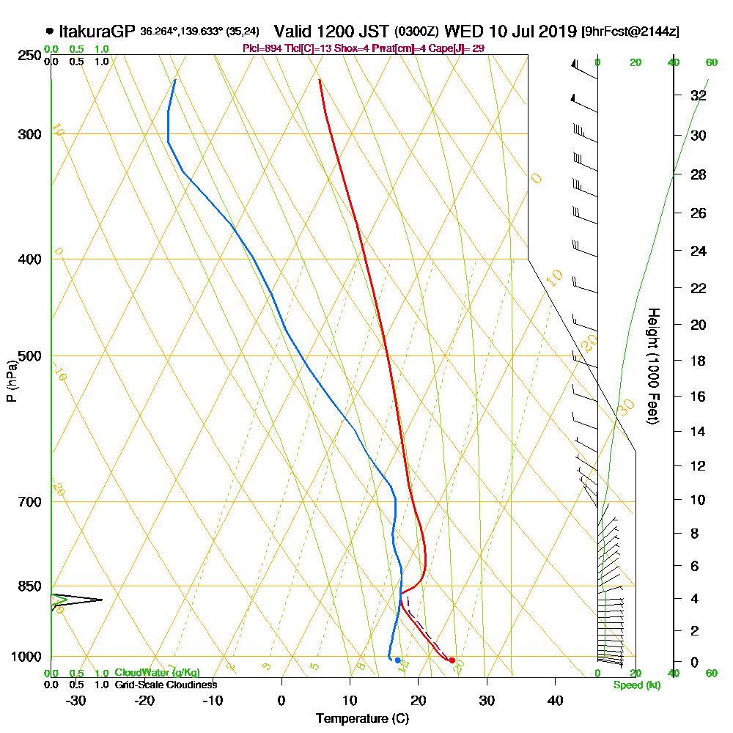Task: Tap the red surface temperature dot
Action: pyautogui.click(x=452, y=660)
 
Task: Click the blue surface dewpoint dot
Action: pyautogui.click(x=397, y=660)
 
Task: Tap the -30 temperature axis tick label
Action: pyautogui.click(x=76, y=700)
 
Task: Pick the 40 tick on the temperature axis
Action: pyautogui.click(x=555, y=700)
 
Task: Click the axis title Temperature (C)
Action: pyautogui.click(x=362, y=718)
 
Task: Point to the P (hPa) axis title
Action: pyautogui.click(x=11, y=380)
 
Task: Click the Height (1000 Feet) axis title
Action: pyautogui.click(x=652, y=366)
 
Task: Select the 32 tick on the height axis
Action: pyautogui.click(x=698, y=95)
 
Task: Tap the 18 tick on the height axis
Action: pyautogui.click(x=698, y=361)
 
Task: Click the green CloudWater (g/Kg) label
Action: pyautogui.click(x=157, y=672)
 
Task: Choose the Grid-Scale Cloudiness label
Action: pyautogui.click(x=165, y=685)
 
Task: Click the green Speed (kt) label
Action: pyautogui.click(x=636, y=685)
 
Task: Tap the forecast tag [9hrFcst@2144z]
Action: pyautogui.click(x=630, y=32)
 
